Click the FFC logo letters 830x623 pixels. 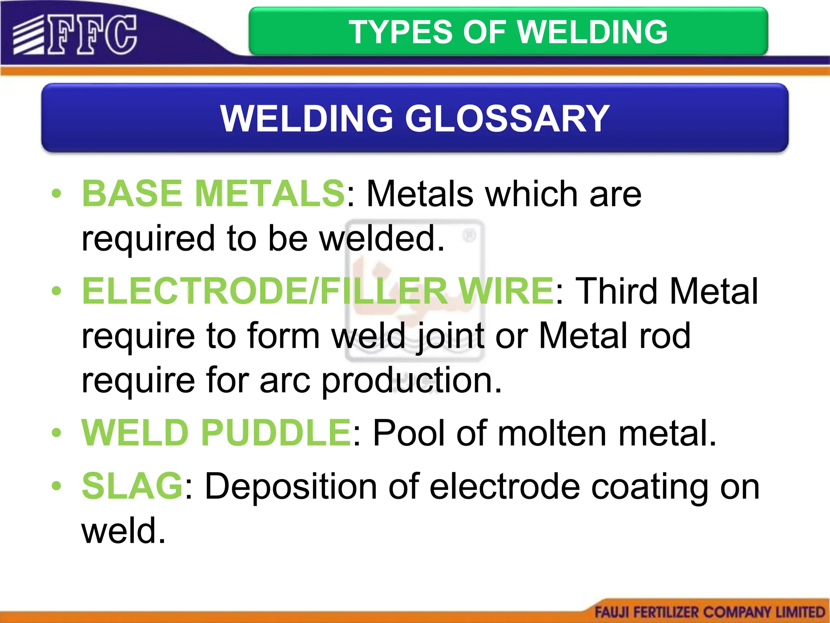pyautogui.click(x=92, y=35)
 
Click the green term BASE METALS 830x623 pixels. pyautogui.click(x=213, y=193)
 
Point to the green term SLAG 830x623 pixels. pyautogui.click(x=132, y=486)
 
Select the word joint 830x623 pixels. pyautogui.click(x=450, y=336)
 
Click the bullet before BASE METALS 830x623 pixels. pyautogui.click(x=56, y=193)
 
